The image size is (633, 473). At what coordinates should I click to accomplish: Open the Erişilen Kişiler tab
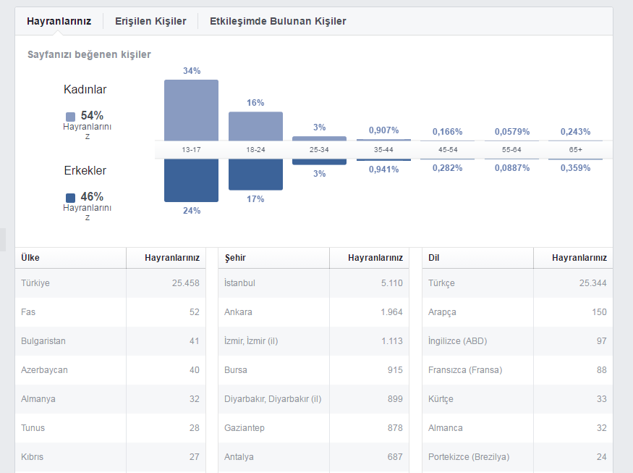(x=150, y=21)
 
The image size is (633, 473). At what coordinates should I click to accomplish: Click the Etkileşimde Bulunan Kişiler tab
(x=278, y=21)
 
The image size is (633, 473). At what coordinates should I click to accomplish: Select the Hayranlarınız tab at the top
(x=59, y=21)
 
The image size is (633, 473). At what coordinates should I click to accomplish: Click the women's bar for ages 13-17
(x=192, y=110)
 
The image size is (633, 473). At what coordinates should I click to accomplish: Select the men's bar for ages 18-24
(x=255, y=175)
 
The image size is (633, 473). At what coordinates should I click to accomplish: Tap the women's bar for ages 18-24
(x=255, y=127)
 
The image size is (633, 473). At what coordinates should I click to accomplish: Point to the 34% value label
(x=192, y=71)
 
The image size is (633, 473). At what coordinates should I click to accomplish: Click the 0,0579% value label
(x=512, y=131)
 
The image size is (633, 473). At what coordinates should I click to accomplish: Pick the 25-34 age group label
(x=319, y=150)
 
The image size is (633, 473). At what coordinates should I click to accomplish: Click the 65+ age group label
(x=576, y=150)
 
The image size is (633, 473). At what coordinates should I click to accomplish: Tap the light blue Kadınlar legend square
(x=70, y=117)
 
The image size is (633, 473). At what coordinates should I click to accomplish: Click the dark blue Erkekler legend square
(x=70, y=198)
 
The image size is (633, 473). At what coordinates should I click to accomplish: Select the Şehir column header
(x=235, y=258)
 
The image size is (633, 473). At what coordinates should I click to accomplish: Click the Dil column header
(x=433, y=258)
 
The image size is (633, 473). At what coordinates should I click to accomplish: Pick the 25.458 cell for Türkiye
(x=186, y=283)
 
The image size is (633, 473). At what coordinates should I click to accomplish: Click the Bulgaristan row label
(x=43, y=340)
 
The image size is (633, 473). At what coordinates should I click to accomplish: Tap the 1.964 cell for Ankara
(x=391, y=312)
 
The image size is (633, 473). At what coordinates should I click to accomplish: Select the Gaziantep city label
(x=245, y=427)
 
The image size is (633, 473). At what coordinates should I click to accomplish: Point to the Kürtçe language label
(x=441, y=399)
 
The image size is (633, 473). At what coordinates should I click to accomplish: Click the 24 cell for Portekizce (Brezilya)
(x=601, y=457)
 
